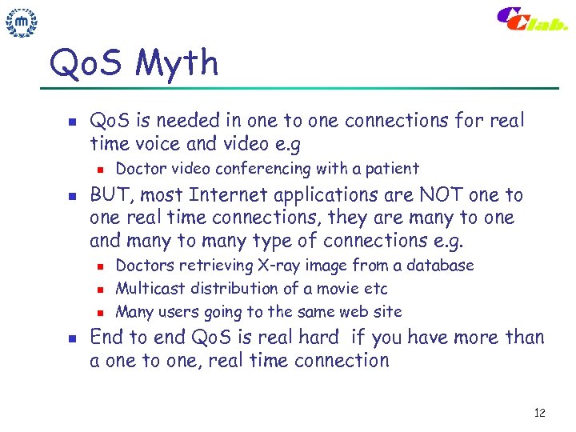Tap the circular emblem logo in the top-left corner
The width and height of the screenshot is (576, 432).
point(22,23)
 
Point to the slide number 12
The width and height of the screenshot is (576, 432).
point(539,413)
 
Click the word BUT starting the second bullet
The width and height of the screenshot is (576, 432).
point(109,195)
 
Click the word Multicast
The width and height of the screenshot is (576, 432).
point(149,289)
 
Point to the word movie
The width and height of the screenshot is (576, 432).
point(308,289)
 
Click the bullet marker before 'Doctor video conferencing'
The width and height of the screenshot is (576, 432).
point(98,170)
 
